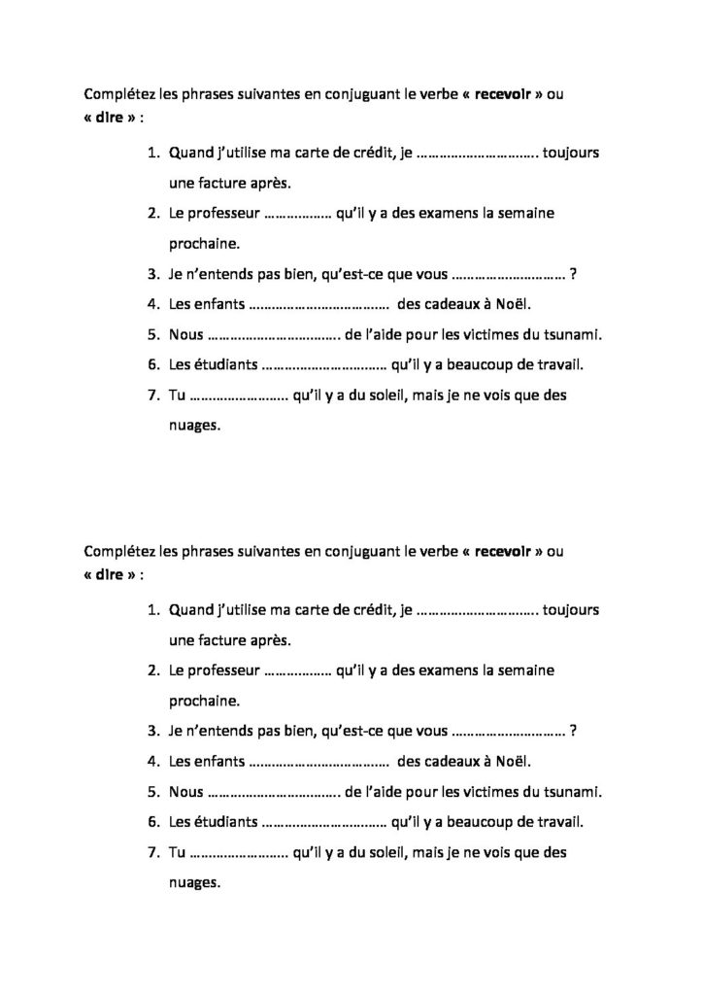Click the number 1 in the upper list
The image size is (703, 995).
[x=151, y=153]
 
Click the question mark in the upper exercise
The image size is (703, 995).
[x=575, y=275]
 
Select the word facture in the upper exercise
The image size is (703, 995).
[x=226, y=182]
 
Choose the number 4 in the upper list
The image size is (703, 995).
[x=151, y=305]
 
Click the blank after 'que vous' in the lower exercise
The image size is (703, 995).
[x=510, y=731]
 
